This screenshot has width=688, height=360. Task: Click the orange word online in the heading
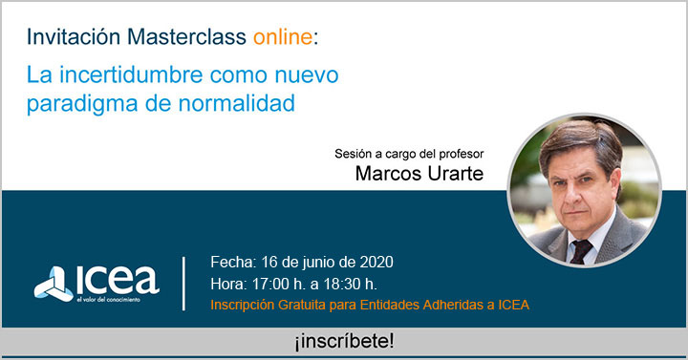click(282, 37)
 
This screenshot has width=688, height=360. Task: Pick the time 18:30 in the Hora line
click(335, 284)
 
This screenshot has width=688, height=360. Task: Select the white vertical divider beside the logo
click(184, 282)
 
